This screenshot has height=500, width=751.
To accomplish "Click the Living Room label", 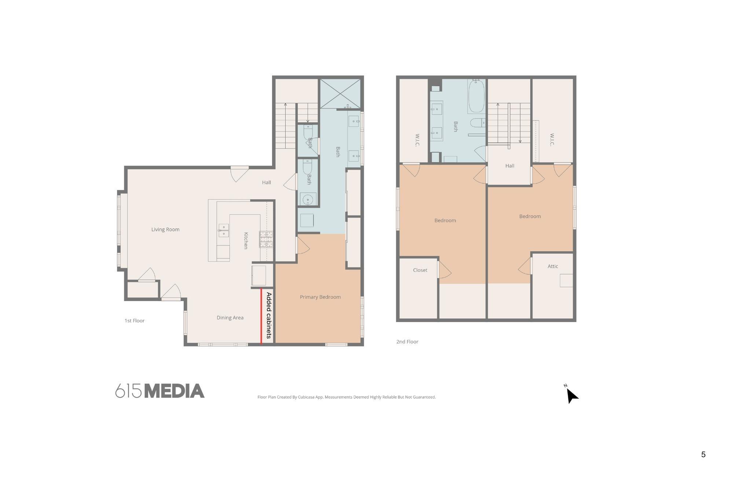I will (x=165, y=230).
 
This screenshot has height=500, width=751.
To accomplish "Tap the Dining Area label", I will (x=230, y=318).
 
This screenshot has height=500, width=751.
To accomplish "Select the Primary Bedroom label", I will (x=320, y=297).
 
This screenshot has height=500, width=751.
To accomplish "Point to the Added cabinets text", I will (x=269, y=315).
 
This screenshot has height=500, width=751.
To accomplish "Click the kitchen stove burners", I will (x=266, y=240).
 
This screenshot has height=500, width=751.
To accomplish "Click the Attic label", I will (x=553, y=266).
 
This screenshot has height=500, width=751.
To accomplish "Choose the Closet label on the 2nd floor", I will (x=420, y=270).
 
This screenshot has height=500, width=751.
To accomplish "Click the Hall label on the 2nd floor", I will (x=510, y=166).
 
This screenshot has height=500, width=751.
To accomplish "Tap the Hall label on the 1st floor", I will (x=267, y=182).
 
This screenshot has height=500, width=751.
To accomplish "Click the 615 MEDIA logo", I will (x=160, y=391).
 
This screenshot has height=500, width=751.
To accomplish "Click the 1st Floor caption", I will (x=135, y=321).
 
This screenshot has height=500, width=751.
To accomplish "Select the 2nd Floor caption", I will (x=407, y=342).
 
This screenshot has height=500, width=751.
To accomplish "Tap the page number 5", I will (x=703, y=455).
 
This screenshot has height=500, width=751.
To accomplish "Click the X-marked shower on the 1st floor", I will (x=340, y=93).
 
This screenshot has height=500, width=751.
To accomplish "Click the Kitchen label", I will (x=246, y=241).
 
